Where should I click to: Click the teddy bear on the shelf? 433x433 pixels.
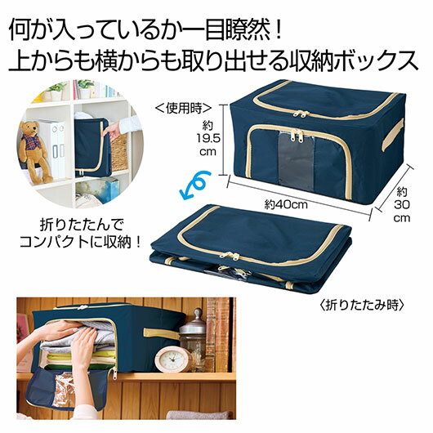[34, 149]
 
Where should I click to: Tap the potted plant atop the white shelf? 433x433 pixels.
[56, 89]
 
